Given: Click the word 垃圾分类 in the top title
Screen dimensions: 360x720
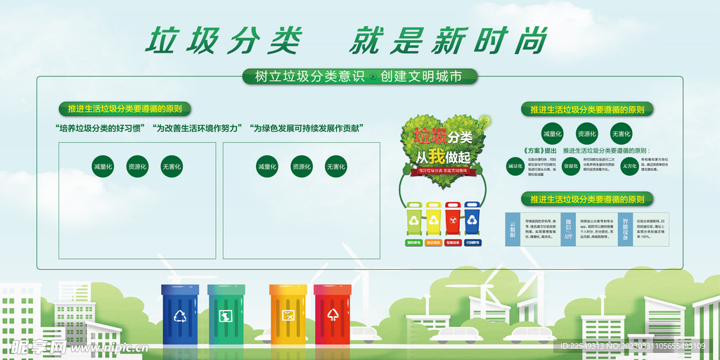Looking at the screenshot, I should [224, 41].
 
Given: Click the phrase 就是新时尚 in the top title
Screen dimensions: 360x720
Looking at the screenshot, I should [448, 41].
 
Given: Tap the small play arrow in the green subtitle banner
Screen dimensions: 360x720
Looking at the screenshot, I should [372, 77].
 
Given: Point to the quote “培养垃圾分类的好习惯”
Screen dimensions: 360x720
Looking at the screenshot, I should [99, 128].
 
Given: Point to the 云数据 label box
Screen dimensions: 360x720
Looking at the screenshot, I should [513, 229].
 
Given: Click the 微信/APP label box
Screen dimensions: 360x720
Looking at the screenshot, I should [568, 229].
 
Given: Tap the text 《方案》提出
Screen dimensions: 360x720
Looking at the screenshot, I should [540, 150].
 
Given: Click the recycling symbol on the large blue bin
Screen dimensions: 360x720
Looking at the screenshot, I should [181, 316].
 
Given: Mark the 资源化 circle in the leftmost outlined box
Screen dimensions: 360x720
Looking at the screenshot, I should [137, 167].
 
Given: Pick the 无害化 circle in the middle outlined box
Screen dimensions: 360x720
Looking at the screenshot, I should [335, 167].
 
